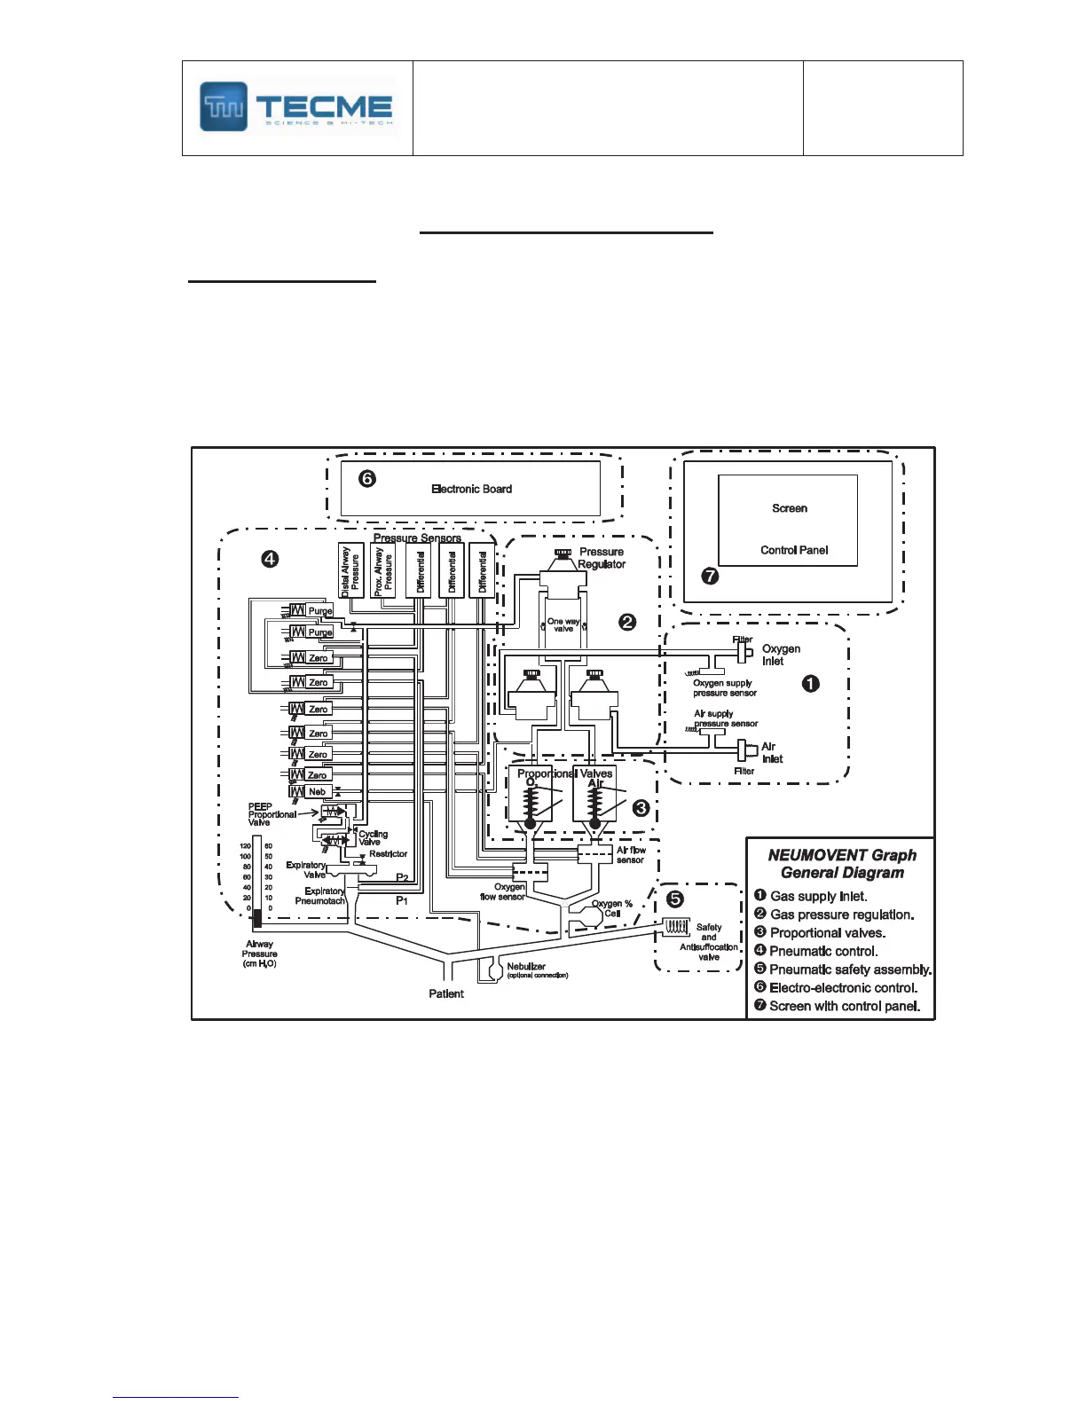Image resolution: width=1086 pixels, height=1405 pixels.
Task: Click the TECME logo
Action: pyautogui.click(x=296, y=107)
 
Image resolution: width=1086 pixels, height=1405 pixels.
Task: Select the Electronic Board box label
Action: pyautogui.click(x=471, y=489)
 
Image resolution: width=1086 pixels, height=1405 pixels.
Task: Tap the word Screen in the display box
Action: pyautogui.click(x=789, y=508)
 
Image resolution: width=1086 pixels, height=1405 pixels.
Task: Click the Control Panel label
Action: pyautogui.click(x=793, y=550)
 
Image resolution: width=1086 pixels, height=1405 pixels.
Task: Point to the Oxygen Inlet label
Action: pyautogui.click(x=780, y=655)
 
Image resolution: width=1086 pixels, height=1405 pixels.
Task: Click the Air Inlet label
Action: pyautogui.click(x=771, y=752)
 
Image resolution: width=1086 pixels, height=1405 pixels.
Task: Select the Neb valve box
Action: pyautogui.click(x=317, y=791)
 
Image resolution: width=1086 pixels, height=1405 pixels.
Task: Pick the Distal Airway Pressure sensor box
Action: pyautogui.click(x=350, y=569)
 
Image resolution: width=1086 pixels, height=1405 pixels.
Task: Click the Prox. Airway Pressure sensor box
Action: pyautogui.click(x=382, y=569)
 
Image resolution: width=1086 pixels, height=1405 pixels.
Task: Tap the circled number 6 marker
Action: pyautogui.click(x=366, y=479)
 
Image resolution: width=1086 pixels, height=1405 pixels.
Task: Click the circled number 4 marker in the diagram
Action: pyautogui.click(x=269, y=559)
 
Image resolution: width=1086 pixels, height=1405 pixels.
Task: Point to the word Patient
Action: pyautogui.click(x=446, y=993)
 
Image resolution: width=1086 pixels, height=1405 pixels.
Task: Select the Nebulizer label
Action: pyautogui.click(x=526, y=966)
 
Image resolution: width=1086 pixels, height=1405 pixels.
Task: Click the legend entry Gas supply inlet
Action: pyautogui.click(x=817, y=896)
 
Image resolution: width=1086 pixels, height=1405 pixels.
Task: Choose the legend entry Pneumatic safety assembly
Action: pyautogui.click(x=849, y=969)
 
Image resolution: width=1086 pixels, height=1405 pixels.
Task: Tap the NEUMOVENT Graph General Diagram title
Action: pyautogui.click(x=841, y=864)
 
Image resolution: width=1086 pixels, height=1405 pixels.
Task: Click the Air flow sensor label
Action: pyautogui.click(x=631, y=855)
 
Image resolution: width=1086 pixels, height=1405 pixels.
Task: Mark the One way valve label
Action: pyautogui.click(x=563, y=625)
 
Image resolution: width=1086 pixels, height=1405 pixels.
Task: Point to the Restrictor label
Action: pyautogui.click(x=388, y=853)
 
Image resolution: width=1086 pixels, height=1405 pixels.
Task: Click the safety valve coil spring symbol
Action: pyautogui.click(x=677, y=927)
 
